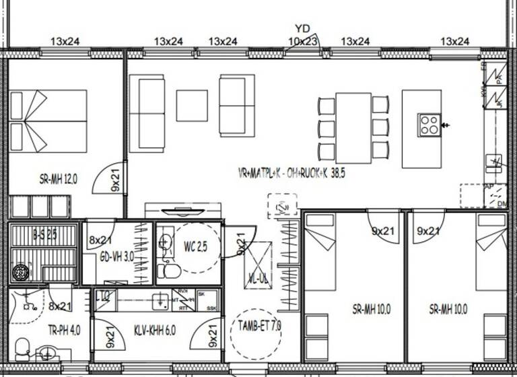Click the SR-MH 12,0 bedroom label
click(x=59, y=178)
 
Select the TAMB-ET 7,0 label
click(x=260, y=327)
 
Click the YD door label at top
click(x=302, y=29)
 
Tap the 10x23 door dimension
click(x=302, y=41)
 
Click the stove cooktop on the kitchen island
click(x=429, y=124)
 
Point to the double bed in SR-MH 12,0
click(x=48, y=121)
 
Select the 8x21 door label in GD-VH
click(x=100, y=239)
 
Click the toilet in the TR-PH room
click(x=22, y=347)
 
